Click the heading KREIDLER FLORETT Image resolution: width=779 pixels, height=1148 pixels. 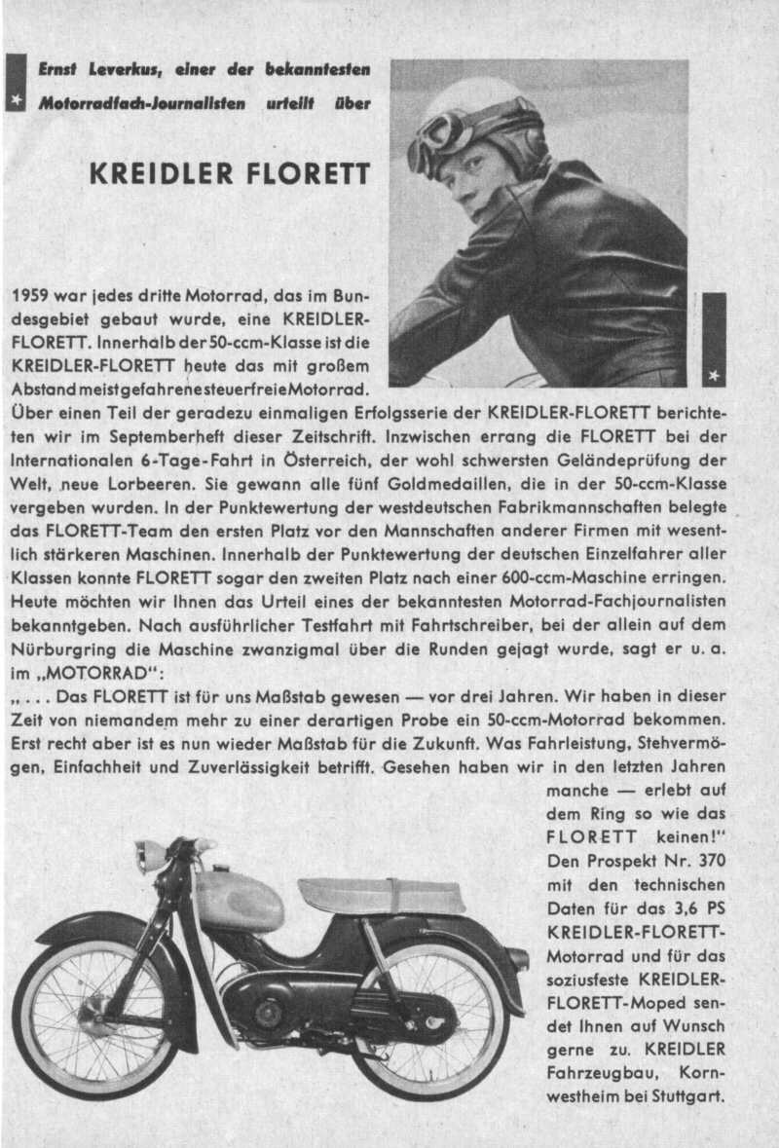coord(229,174)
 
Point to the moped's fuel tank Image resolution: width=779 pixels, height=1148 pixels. coord(238,900)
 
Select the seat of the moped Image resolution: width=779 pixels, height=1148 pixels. coord(380,895)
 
